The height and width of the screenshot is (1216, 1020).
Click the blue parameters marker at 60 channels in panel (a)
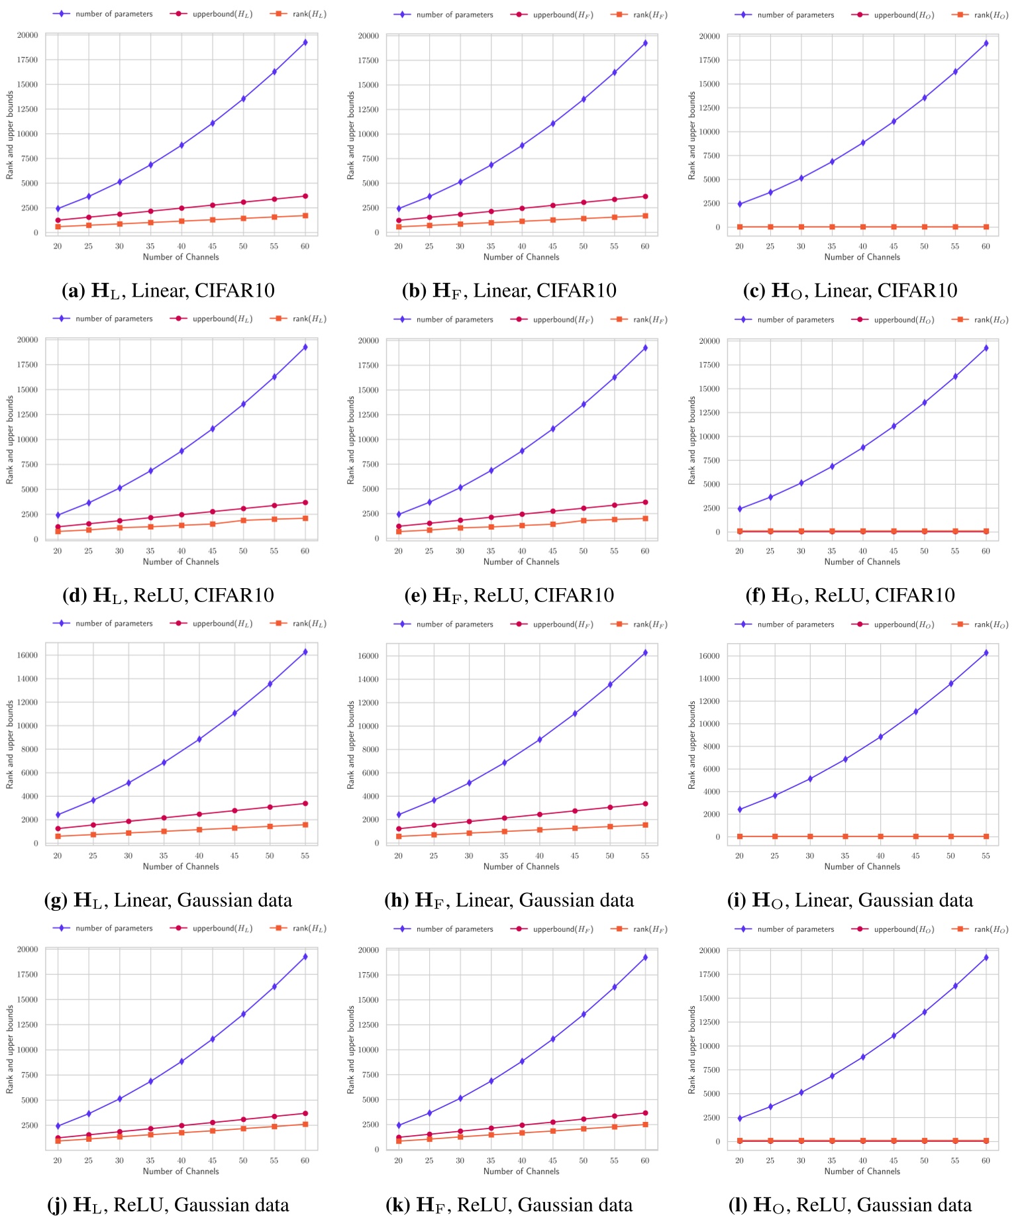tap(305, 42)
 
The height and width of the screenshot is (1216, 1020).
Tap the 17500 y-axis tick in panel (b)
tap(369, 60)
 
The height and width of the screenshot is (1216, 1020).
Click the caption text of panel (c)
tap(850, 290)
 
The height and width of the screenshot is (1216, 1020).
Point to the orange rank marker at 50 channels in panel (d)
tap(243, 521)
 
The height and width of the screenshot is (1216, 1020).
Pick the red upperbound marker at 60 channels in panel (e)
tap(645, 502)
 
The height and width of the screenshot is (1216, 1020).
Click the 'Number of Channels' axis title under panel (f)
tap(862, 562)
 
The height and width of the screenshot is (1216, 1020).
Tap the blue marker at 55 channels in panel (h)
tap(645, 653)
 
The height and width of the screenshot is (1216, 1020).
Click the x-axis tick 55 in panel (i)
tap(986, 856)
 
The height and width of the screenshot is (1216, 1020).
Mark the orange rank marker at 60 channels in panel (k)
tap(645, 1125)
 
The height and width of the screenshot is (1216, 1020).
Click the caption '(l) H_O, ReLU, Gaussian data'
tap(850, 1205)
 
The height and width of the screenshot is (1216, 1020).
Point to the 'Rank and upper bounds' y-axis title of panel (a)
tap(10, 135)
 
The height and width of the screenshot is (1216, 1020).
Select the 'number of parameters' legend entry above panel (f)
tap(795, 319)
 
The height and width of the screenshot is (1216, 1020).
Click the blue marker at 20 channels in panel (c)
tap(740, 204)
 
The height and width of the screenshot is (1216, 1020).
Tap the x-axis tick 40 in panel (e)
tap(522, 551)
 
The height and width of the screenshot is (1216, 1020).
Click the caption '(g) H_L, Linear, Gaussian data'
tap(168, 900)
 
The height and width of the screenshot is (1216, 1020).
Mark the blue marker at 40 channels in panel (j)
tap(181, 1062)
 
